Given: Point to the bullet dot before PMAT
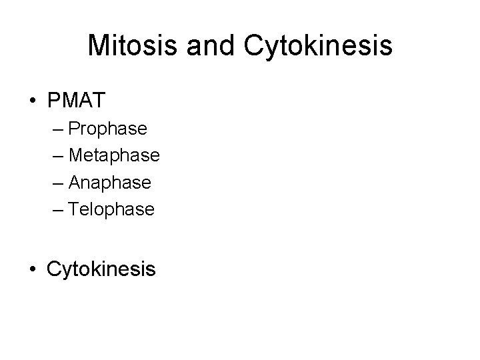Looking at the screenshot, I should [x=33, y=101].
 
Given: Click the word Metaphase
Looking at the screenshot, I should [x=114, y=155].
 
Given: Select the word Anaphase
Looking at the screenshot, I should [x=110, y=183].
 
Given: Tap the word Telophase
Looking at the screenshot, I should [x=111, y=209].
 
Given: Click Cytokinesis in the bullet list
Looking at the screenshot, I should [x=101, y=269].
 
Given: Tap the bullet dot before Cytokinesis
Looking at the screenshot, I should [x=33, y=269].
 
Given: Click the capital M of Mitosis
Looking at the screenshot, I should [x=99, y=45].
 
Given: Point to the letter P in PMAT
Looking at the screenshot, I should [x=54, y=101].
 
